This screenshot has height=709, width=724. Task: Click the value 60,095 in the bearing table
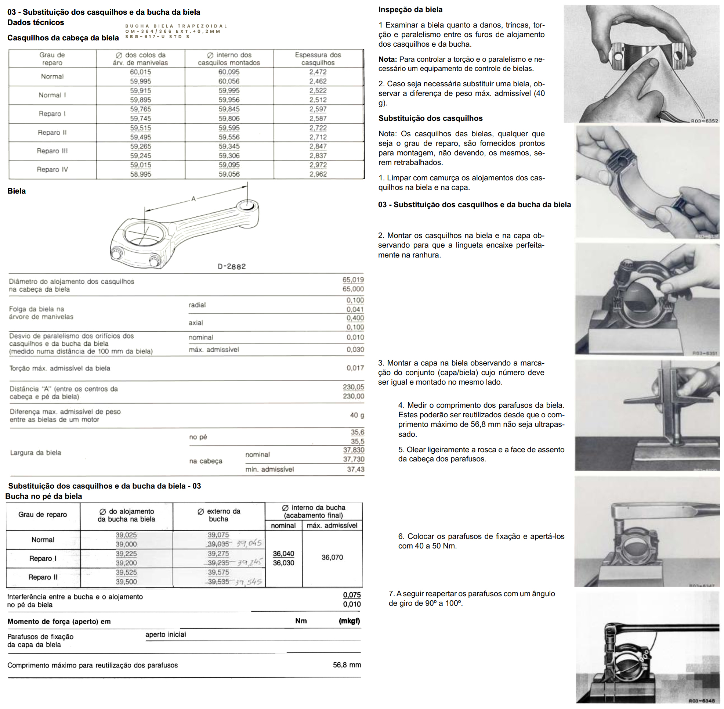pos(229,72)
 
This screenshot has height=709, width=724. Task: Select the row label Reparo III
pos(52,151)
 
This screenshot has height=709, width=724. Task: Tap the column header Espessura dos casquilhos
pos(318,59)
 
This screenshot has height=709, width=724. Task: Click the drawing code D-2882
pos(232,267)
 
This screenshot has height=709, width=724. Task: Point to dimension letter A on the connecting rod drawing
pos(193,199)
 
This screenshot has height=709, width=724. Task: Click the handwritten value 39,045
pos(249,543)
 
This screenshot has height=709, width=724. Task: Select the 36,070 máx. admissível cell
pos(332,557)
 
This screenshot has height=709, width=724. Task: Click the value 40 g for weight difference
pos(357,415)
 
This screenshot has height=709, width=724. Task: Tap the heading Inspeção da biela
pos(410,10)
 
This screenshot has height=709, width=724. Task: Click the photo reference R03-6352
pos(704,120)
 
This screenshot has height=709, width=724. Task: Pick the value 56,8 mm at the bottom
pos(347,665)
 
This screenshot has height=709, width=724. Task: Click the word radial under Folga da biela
pos(197,305)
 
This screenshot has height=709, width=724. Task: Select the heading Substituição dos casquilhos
pos(430,118)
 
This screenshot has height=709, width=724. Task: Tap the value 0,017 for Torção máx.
pos(355,368)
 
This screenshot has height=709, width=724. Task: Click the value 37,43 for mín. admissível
pos(355,469)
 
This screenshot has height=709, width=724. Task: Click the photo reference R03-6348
pos(701,701)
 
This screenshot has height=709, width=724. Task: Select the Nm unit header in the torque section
pos(301,621)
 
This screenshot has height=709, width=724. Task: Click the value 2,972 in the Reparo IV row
pos(318,165)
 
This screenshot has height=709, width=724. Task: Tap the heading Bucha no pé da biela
pos(44,496)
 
